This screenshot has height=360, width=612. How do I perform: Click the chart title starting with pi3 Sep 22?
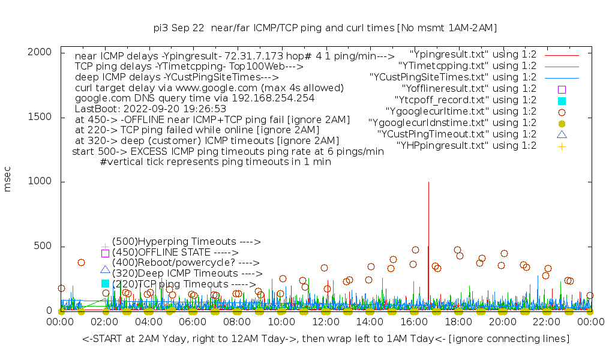tap(325, 28)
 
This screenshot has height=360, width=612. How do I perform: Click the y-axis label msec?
tap(8, 181)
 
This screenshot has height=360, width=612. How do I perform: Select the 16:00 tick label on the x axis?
tap(413, 322)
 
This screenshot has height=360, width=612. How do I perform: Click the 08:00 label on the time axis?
tap(237, 322)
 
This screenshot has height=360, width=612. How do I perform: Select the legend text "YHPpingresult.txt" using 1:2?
tap(466, 145)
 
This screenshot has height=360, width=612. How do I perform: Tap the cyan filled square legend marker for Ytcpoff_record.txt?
tap(562, 100)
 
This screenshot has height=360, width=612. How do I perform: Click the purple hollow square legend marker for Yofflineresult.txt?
tap(562, 89)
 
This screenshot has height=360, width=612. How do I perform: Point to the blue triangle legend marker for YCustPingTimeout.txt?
tap(562, 134)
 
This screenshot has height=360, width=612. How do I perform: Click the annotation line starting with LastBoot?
tap(151, 109)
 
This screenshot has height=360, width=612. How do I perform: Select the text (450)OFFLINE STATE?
tap(175, 253)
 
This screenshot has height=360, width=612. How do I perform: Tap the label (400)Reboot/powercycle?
tap(185, 263)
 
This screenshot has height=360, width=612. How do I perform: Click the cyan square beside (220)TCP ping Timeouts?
tap(105, 283)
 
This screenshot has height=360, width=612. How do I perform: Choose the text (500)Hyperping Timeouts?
tap(186, 242)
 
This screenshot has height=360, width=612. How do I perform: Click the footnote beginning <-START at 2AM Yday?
tap(326, 339)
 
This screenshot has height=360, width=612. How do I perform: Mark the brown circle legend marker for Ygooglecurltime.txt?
tap(562, 112)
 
